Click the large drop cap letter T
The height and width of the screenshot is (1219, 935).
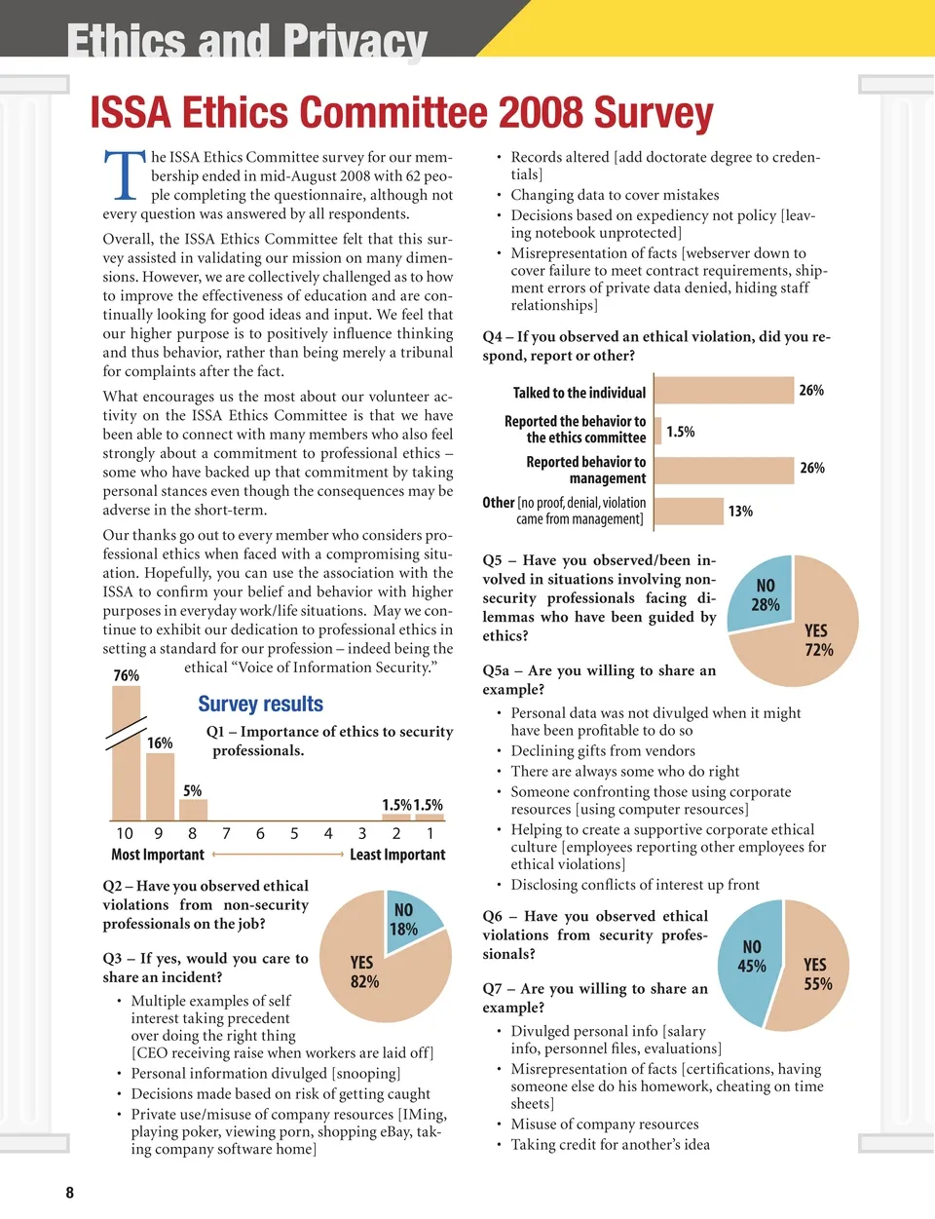(125, 175)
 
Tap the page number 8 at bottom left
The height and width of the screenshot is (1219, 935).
(69, 1193)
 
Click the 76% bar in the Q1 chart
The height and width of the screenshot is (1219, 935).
(127, 760)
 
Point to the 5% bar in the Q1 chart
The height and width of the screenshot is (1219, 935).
(193, 810)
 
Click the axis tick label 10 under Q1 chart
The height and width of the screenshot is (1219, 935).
(125, 834)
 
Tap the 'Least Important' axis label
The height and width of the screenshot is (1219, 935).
(397, 855)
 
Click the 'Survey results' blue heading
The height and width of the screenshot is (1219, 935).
(260, 704)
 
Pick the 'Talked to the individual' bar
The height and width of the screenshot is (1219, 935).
(724, 391)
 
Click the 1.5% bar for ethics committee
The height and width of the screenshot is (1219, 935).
(658, 431)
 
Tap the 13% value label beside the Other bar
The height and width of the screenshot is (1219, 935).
(740, 511)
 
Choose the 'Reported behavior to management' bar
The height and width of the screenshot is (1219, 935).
(724, 470)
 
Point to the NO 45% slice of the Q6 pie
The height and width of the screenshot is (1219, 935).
(750, 960)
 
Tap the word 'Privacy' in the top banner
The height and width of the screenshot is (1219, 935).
(355, 41)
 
